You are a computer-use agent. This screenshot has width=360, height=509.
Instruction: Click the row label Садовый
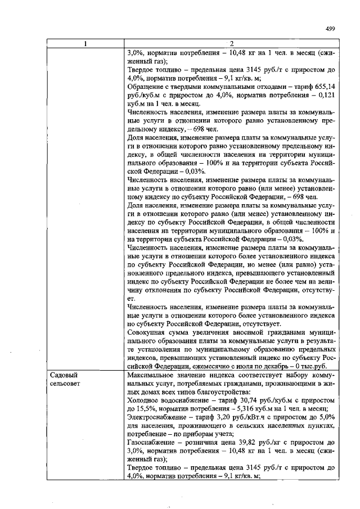tap(64, 374)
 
